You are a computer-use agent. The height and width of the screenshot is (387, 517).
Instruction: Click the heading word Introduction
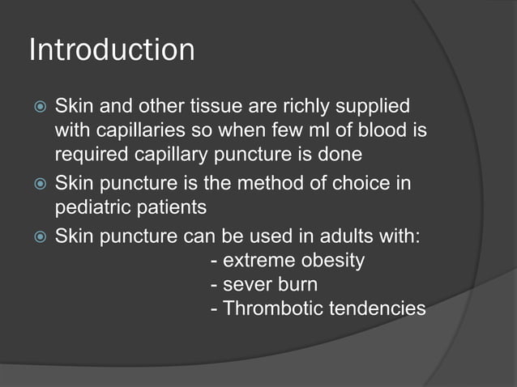coord(112,50)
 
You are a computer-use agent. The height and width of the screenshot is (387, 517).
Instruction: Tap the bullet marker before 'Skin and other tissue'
coord(36,107)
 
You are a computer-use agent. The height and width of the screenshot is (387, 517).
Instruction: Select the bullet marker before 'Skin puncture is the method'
coord(36,185)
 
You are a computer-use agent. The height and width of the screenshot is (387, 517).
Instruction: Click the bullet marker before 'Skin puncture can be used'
coord(36,237)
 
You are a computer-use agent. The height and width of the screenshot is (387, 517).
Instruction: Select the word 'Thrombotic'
coord(266,308)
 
